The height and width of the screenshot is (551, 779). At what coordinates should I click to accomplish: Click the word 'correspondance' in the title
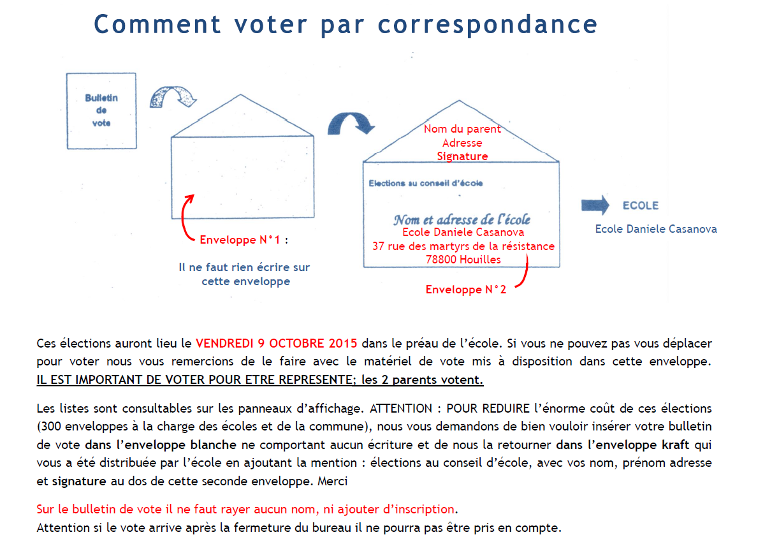click(488, 24)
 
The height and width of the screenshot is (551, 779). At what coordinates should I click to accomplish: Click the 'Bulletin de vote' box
click(101, 110)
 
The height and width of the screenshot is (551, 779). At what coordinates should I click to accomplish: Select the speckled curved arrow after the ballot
click(172, 97)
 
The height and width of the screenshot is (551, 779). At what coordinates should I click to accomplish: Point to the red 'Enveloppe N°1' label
click(240, 240)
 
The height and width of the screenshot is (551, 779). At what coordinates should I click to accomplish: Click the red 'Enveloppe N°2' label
click(466, 290)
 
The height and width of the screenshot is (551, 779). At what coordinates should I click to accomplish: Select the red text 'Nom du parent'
click(462, 129)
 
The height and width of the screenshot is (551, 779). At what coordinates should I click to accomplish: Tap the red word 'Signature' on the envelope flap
click(462, 156)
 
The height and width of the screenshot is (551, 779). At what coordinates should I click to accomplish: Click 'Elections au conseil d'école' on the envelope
click(426, 183)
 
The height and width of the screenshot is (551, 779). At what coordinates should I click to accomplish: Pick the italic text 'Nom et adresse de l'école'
click(462, 219)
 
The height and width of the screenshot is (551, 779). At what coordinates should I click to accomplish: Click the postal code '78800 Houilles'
click(463, 259)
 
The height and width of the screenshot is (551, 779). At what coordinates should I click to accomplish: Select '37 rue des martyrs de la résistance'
click(463, 246)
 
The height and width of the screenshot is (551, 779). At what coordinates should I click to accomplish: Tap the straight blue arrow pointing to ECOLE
click(595, 205)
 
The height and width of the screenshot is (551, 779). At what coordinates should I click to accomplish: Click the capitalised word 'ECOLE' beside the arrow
click(641, 205)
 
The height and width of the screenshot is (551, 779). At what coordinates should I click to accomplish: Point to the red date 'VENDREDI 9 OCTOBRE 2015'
click(277, 343)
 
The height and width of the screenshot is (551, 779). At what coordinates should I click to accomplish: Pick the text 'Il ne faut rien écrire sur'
click(244, 267)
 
